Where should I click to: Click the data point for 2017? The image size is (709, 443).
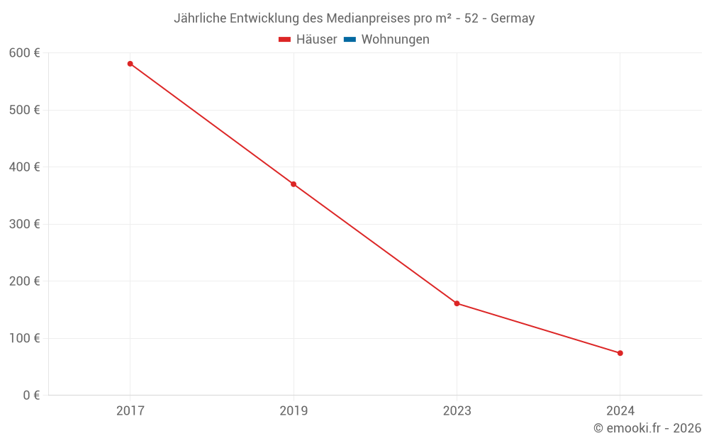point(130,64)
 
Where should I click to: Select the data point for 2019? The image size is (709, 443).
point(294,184)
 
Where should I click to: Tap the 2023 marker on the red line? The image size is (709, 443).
point(457,303)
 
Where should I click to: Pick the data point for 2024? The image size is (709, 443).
point(620,353)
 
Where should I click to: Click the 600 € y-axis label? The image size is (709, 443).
point(24,53)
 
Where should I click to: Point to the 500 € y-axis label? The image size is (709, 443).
point(24,110)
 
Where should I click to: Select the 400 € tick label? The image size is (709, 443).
point(24,167)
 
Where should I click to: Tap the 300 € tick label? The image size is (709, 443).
point(24,224)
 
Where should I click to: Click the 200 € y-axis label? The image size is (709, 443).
point(24,281)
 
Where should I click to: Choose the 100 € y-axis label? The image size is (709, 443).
point(24,338)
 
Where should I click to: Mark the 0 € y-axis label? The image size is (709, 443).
point(31,395)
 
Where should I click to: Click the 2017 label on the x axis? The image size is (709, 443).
point(130,410)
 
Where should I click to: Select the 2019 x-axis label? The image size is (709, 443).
point(294,410)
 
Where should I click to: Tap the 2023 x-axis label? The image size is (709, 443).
point(457,410)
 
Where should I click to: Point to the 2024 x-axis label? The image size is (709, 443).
point(620,410)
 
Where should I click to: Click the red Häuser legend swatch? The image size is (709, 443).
point(285,40)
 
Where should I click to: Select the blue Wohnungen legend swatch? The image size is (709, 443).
point(350,40)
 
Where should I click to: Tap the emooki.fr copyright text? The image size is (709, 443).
point(647,428)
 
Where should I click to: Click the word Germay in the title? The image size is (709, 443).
point(513,18)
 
